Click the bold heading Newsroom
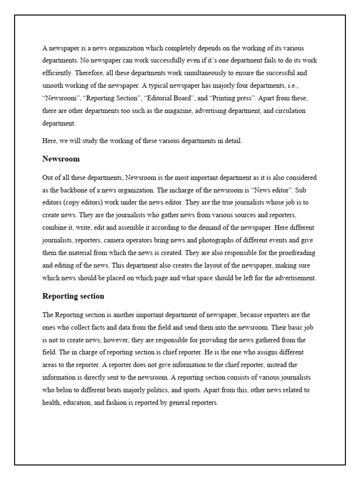(x=61, y=159)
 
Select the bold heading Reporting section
(x=73, y=296)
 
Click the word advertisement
(x=293, y=278)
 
